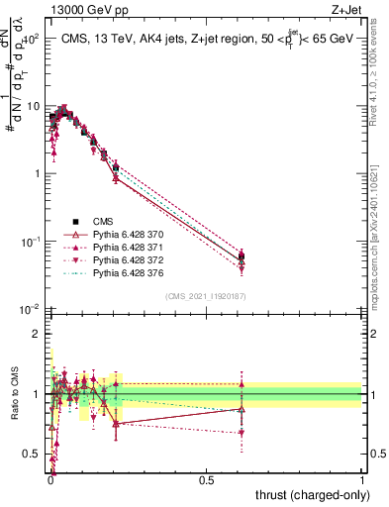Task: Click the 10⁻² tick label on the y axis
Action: [x=30, y=309]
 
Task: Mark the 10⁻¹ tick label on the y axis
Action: [x=30, y=242]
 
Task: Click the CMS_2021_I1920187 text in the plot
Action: [x=205, y=296]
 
